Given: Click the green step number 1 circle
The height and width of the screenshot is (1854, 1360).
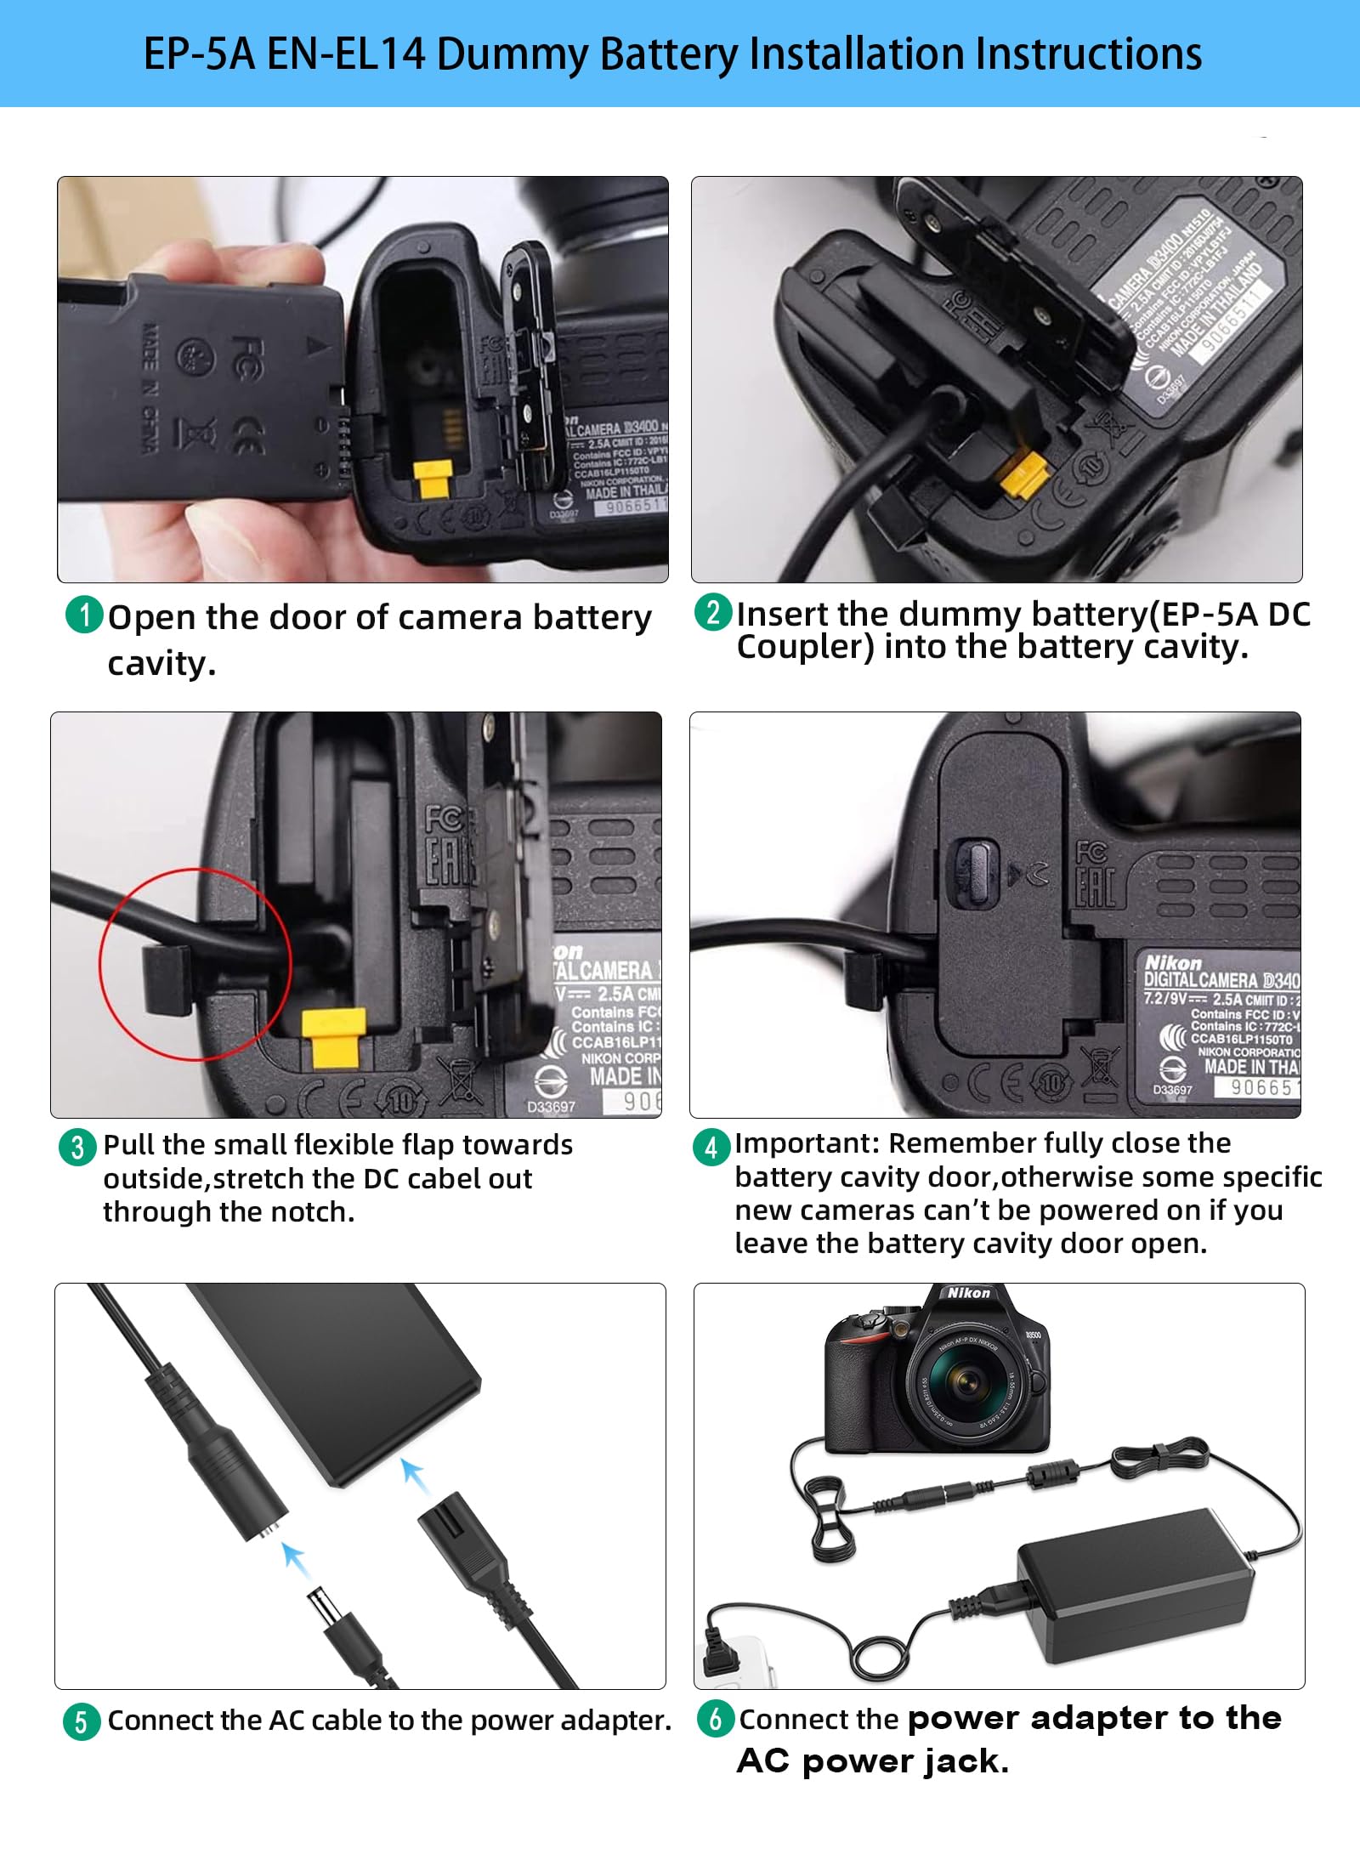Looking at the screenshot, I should [84, 615].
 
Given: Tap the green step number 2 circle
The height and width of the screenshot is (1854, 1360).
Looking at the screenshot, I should [713, 612].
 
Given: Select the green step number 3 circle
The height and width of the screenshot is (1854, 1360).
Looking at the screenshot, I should [77, 1147].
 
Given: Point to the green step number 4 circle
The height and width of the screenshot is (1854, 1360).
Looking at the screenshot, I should [711, 1148].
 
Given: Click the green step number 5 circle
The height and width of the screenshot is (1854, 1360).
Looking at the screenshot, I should [82, 1721].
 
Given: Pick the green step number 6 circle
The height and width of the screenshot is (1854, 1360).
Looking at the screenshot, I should [716, 1718].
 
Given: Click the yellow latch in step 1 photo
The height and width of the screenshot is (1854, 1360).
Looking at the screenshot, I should [433, 480].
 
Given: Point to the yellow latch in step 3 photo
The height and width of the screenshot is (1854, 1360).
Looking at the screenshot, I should [334, 1036].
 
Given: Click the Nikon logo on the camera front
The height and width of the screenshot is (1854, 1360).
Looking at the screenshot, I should [968, 1293].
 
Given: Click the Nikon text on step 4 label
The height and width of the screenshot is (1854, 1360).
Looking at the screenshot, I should [1173, 962].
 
